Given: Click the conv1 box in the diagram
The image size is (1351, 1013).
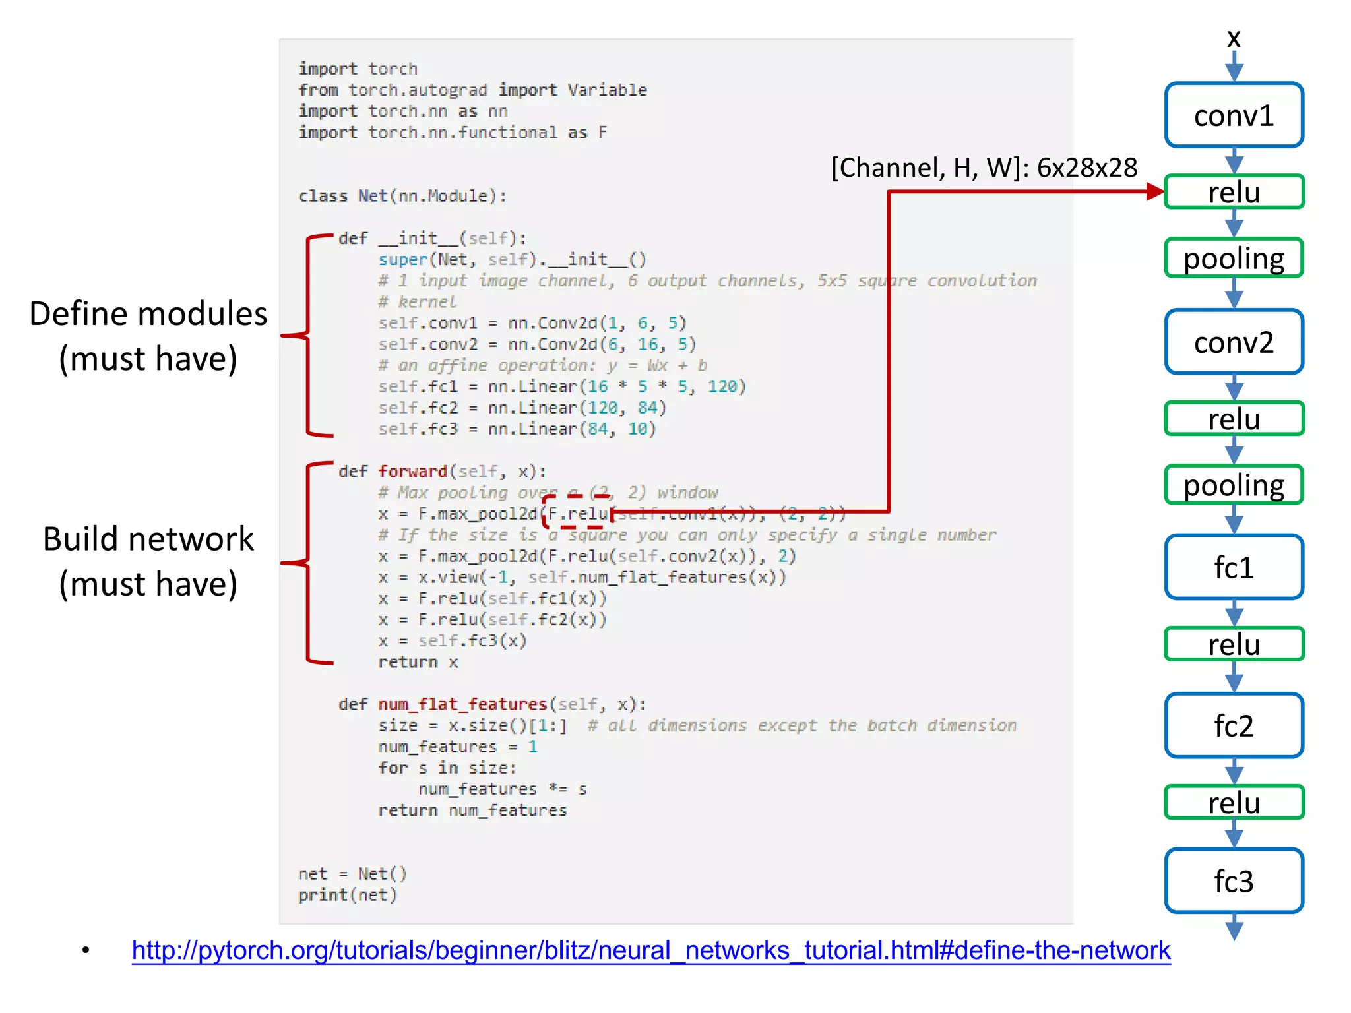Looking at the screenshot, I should (1234, 115).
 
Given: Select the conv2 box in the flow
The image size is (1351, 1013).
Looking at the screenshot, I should (1234, 342).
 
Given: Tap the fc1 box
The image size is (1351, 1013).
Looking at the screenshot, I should (1234, 567).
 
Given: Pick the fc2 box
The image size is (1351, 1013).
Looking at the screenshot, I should (1234, 725).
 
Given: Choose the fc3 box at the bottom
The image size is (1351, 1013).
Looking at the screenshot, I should (1234, 880).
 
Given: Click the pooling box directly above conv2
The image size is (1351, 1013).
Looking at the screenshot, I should (1234, 258).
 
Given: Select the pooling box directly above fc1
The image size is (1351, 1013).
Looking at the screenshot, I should (1234, 485).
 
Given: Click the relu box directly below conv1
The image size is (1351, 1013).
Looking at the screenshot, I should (1234, 192).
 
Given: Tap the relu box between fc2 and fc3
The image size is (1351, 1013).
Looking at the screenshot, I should (1234, 802).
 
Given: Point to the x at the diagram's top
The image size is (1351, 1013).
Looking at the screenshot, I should (1234, 38).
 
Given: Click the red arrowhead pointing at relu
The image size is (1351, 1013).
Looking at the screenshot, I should (1155, 191).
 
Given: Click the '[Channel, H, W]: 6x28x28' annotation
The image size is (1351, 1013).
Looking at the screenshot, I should (984, 168).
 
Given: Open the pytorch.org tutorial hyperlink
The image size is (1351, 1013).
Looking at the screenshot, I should (650, 950).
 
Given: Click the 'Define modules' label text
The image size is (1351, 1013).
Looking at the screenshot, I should (148, 314).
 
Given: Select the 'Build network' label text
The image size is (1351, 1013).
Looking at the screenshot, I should (148, 539).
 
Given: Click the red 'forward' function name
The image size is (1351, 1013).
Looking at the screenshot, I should (412, 471).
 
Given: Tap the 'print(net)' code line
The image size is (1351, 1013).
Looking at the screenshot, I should (348, 895).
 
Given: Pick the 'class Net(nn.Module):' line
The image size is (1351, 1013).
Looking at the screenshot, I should (402, 196).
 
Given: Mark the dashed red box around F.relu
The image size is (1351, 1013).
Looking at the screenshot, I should (575, 512).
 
